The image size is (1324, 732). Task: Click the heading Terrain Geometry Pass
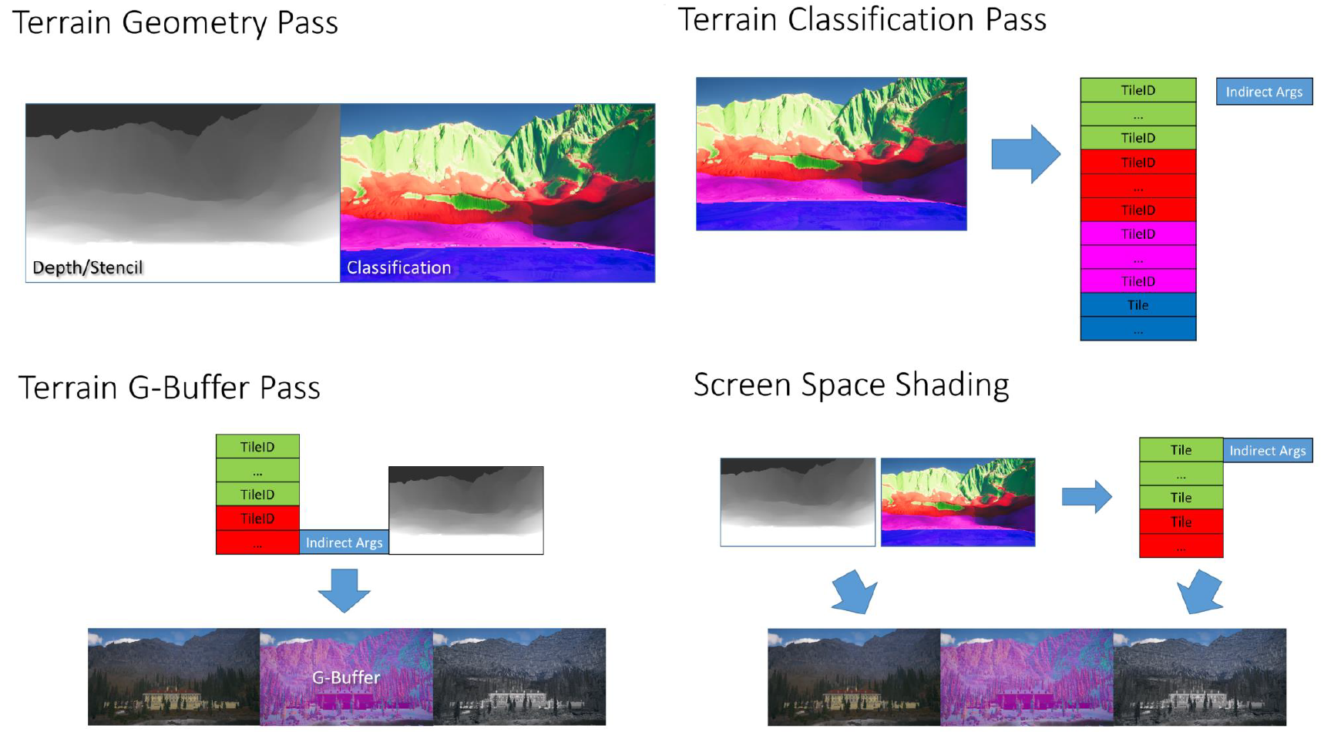pos(175,22)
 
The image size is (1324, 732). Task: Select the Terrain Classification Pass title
pos(862,19)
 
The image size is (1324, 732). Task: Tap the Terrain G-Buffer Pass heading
pos(169,388)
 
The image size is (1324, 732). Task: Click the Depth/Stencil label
pos(88,267)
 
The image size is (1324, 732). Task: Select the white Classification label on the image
pos(398,267)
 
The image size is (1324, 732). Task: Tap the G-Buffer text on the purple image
pos(346,677)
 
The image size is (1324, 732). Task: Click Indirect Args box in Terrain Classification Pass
pos(1264,92)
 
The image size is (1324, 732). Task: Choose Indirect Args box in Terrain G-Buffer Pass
pos(344,542)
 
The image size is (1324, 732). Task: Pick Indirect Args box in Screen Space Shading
pos(1268,450)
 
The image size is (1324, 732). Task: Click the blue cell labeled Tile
pos(1137,305)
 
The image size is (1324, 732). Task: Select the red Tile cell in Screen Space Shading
pos(1181,522)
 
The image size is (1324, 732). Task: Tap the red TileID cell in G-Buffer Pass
pos(257,519)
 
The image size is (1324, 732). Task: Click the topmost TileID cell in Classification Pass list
pos(1137,90)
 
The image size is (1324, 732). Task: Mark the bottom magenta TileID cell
pos(1137,281)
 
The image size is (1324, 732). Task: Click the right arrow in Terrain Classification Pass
pos(1026,154)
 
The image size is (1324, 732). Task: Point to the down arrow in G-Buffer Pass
pos(344,591)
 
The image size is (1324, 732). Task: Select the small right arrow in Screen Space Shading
pos(1087,497)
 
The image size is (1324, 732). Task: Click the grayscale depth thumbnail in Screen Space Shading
pos(798,502)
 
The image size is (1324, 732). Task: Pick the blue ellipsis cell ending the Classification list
pos(1137,329)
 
